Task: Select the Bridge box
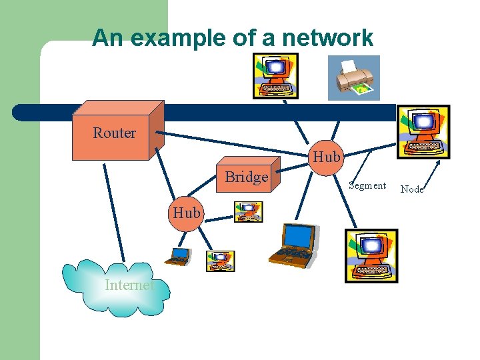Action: coord(246,177)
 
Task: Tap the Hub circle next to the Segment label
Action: coord(326,157)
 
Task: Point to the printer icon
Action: coord(354,77)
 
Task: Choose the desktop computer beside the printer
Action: coord(275,75)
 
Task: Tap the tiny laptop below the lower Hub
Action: coord(178,256)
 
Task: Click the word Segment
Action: coord(367,186)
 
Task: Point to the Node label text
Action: coord(412,189)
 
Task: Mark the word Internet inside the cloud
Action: coord(129,285)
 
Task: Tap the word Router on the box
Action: coord(114,133)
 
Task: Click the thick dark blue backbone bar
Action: coord(200,112)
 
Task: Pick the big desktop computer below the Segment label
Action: coord(371,256)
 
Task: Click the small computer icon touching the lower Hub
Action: coord(248,212)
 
